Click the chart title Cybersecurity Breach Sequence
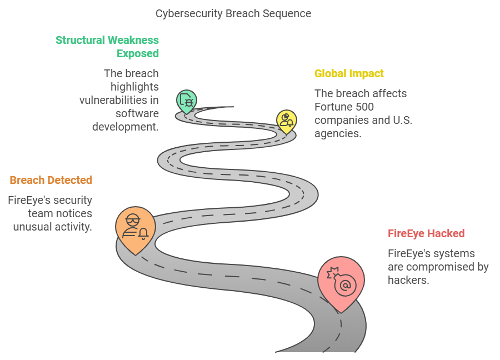233,13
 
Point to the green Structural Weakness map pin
187,101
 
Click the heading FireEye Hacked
426,233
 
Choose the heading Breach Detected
51,180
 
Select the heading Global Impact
349,73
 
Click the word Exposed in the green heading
137,53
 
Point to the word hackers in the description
407,280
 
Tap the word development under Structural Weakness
126,127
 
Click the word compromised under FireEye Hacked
442,267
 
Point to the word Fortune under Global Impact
333,107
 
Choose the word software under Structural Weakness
137,113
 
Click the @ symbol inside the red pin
345,286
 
